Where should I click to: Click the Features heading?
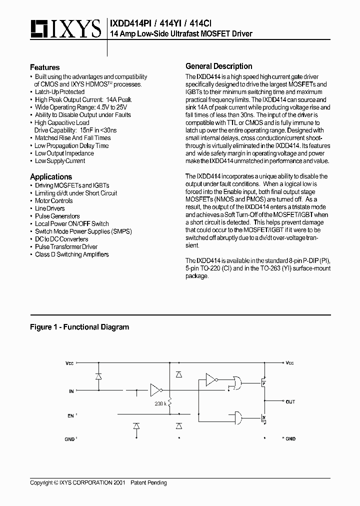[x=44, y=67]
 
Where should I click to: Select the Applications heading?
[x=51, y=177]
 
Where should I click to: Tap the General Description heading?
[x=218, y=66]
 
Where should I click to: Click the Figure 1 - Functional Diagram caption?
[x=79, y=327]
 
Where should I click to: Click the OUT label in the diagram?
[x=290, y=401]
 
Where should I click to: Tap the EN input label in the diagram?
[x=71, y=415]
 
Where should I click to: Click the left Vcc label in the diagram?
[x=69, y=363]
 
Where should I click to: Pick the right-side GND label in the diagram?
[x=289, y=438]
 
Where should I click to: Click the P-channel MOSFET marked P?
[x=261, y=384]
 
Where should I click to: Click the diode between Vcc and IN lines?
[x=98, y=375]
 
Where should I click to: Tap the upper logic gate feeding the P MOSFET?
[x=234, y=383]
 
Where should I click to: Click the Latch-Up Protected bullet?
[x=59, y=92]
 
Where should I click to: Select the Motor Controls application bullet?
[x=53, y=201]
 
